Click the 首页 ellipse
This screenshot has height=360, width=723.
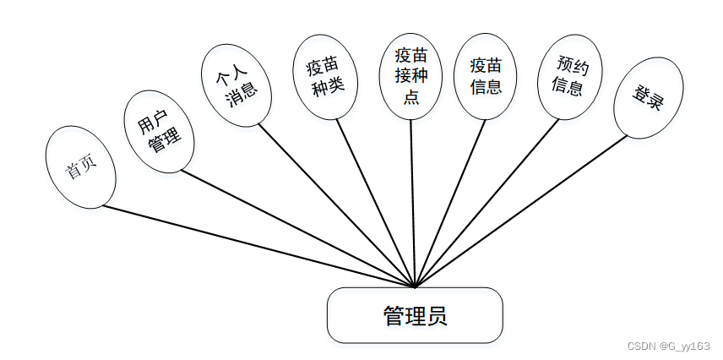80,166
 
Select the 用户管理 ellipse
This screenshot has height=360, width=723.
159,132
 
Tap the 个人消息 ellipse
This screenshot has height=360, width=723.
236,85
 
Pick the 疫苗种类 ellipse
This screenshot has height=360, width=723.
326,77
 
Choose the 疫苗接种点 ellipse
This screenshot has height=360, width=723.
411,76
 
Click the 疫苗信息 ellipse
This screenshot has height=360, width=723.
486,76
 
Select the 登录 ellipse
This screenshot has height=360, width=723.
648,98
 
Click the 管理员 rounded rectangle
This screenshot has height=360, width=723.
415,315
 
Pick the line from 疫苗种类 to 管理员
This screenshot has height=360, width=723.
375,203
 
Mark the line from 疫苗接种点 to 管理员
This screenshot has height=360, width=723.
413,203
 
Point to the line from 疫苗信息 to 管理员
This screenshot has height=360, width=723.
450,203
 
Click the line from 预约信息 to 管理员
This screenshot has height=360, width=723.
487,203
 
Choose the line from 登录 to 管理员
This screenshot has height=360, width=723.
521,210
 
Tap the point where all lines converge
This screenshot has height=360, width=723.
415,286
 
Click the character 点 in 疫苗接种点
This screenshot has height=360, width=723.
411,96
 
